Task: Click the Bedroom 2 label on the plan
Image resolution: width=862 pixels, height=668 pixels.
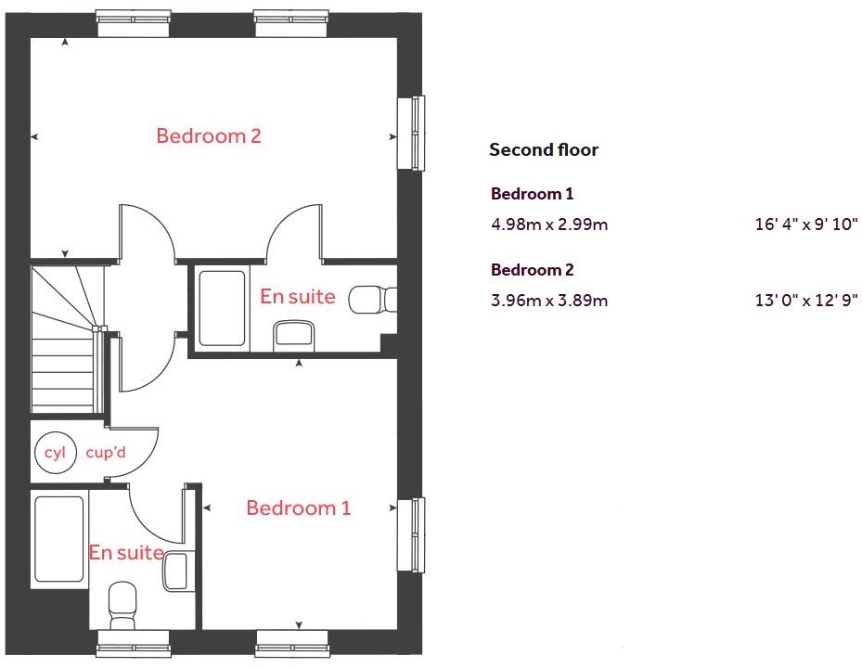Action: [209, 136]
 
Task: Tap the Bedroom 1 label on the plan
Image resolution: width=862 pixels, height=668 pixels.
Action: [298, 508]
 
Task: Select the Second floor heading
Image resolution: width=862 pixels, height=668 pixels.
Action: [544, 150]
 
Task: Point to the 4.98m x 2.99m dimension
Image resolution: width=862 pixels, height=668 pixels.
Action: [549, 225]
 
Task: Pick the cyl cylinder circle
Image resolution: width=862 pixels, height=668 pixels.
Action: [52, 454]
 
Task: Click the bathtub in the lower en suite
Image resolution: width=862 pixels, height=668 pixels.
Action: [60, 538]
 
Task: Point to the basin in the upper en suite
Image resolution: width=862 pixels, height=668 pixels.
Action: [295, 335]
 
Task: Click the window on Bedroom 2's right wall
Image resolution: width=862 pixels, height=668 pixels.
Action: [411, 133]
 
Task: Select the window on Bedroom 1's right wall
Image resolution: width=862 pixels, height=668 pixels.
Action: [411, 534]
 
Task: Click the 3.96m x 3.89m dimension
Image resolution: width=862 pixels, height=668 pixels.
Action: [549, 301]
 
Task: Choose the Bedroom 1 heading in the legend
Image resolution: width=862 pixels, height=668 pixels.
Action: [532, 194]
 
